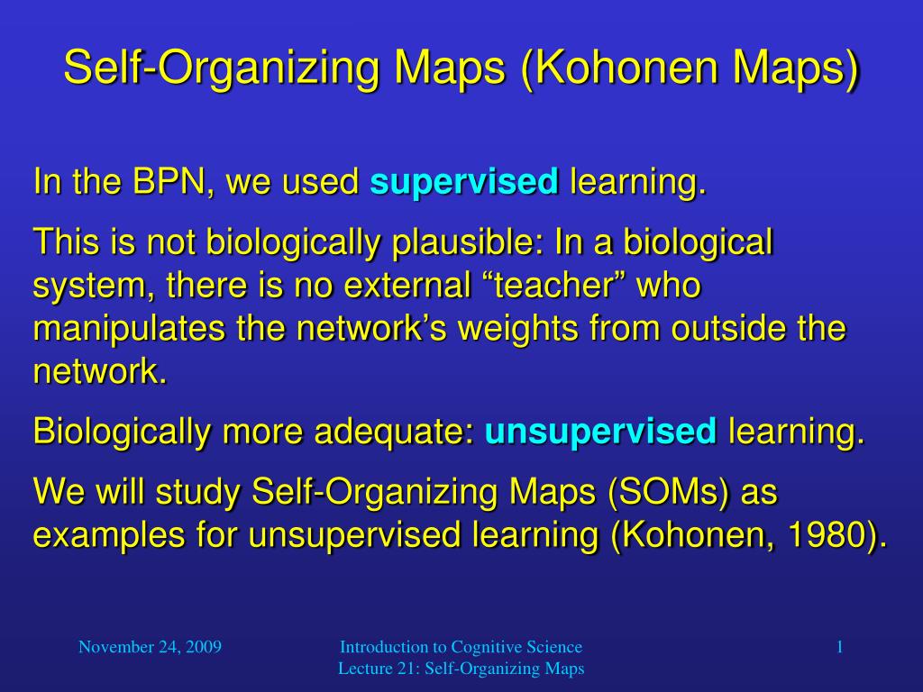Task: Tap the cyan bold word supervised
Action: pos(464,182)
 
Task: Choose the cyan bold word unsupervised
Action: pos(600,432)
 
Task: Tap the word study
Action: pos(197,493)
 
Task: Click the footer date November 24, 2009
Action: pos(151,647)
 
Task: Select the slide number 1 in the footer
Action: pos(839,647)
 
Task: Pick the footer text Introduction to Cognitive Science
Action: pos(461,647)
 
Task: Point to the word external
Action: pos(407,285)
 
